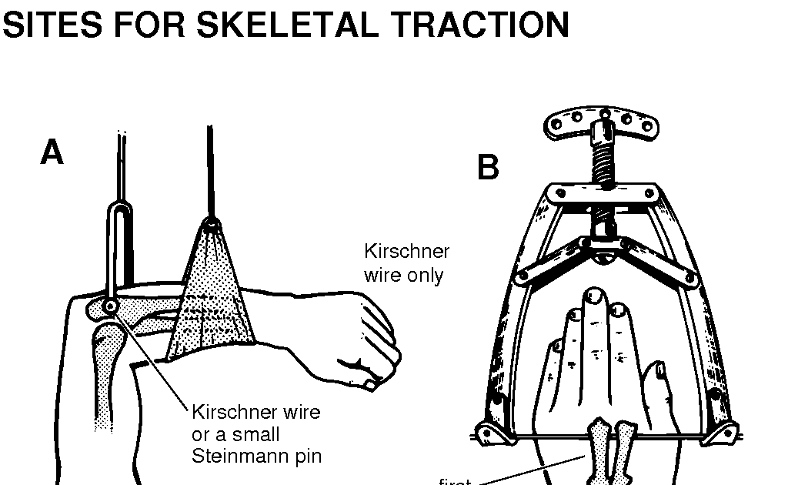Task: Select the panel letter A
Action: (52, 153)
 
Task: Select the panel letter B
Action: (488, 167)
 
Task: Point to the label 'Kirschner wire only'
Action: (406, 263)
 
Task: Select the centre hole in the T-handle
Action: (605, 114)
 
